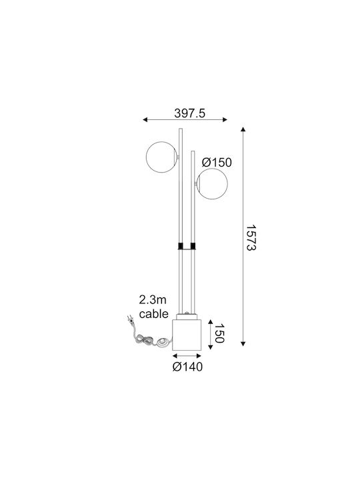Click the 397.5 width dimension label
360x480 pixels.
coord(189,113)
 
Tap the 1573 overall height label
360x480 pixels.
coord(251,238)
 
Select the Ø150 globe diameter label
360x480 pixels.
coord(217,163)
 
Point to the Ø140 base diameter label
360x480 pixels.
coord(187,367)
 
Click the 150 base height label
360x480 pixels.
coord(219,333)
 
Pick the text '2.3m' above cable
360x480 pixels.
coord(153,300)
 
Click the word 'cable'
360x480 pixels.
coord(154,314)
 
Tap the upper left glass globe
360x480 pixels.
coord(162,157)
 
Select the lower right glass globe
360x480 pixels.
coord(212,184)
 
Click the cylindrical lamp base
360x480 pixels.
coord(187,335)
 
